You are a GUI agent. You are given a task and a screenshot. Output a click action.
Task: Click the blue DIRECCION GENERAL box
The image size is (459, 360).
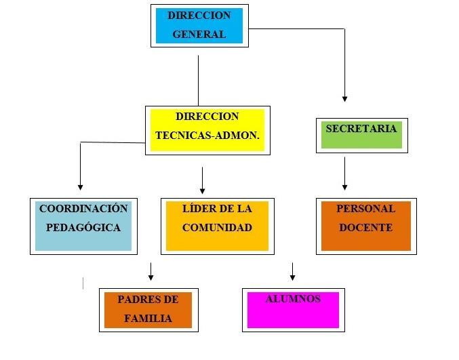[x=199, y=26]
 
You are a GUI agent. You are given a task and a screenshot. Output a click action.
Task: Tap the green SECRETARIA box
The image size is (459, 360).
[x=361, y=134]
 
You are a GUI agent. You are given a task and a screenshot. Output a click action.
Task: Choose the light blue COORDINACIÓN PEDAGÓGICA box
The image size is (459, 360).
[x=83, y=226]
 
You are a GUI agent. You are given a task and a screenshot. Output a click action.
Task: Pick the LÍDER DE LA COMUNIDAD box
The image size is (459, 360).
[x=217, y=226]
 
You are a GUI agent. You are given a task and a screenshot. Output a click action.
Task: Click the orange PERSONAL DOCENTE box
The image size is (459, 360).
[x=366, y=226]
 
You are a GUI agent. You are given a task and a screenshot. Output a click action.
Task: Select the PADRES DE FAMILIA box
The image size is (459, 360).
[x=148, y=310]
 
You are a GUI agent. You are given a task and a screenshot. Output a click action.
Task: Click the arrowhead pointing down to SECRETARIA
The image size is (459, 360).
[x=344, y=98]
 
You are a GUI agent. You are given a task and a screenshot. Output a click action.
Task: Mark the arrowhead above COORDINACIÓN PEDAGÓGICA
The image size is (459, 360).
[x=81, y=186]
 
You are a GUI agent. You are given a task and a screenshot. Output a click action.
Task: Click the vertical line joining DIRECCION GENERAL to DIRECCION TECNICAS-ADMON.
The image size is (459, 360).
[x=198, y=80]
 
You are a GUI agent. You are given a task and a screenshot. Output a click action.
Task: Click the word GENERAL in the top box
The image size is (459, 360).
[x=199, y=35]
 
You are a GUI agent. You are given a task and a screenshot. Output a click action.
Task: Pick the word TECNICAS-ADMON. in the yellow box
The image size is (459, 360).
[x=207, y=135]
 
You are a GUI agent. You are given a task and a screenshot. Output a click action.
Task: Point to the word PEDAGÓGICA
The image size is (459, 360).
[x=83, y=228]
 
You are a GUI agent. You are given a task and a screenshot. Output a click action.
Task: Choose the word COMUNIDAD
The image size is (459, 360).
[x=217, y=228]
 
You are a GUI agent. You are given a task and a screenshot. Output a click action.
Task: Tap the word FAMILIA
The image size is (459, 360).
[x=148, y=318]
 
